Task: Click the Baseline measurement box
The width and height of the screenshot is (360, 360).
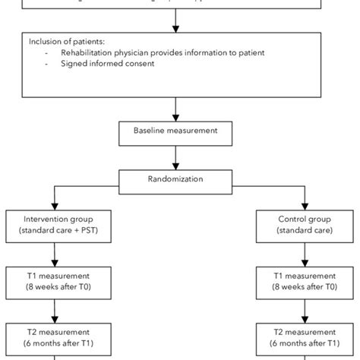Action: pos(176,131)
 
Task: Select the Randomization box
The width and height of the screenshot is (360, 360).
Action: pos(176,181)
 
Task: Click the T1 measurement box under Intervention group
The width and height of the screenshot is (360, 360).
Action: pos(55,280)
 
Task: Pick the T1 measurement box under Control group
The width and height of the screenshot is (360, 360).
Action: pos(297,280)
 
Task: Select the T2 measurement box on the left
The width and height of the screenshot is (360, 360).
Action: pos(55,337)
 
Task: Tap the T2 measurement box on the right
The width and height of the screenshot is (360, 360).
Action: pos(297,337)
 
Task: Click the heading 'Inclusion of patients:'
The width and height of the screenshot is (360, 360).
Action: pos(63,42)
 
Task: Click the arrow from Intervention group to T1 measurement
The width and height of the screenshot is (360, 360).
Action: pos(55,252)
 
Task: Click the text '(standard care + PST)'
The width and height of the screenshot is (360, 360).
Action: pos(55,230)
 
